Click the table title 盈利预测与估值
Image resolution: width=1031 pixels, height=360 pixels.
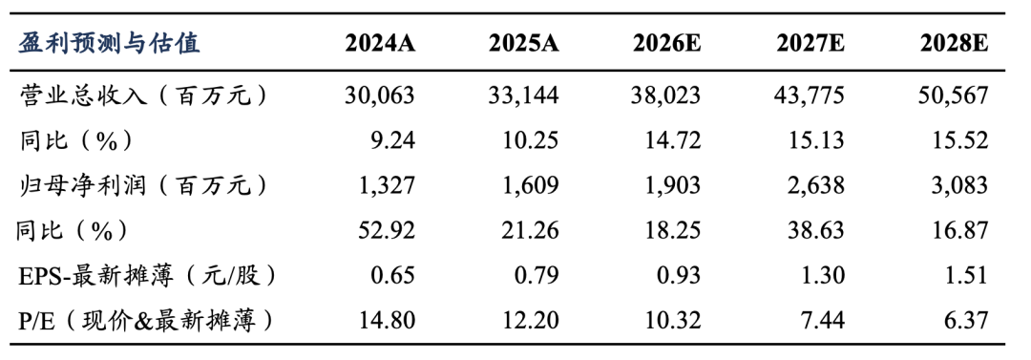[109, 44]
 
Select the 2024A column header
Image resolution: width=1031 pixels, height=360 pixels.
[380, 45]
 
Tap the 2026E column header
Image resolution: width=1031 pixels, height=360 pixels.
[666, 45]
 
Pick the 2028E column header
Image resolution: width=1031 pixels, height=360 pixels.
[954, 45]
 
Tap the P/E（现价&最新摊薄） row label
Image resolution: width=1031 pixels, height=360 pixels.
[145, 321]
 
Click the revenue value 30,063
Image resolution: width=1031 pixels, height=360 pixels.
[380, 96]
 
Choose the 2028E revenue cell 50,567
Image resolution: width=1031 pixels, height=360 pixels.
[954, 96]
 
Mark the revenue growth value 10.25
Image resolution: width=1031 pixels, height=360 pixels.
[531, 140]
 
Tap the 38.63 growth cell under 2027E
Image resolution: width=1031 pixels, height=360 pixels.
[817, 231]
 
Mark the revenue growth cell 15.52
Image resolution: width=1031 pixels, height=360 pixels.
[960, 140]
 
